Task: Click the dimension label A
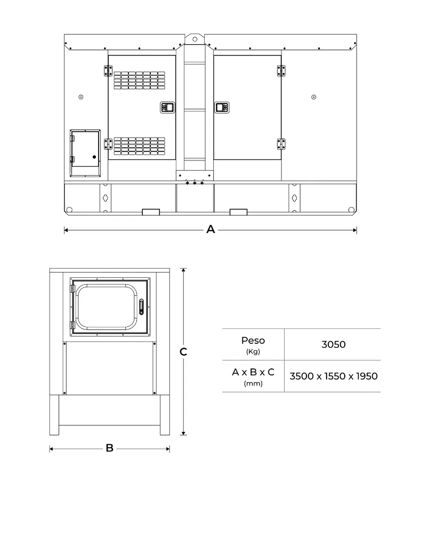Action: pos(210,230)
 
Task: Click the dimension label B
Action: pos(109,448)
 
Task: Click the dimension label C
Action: pos(183,352)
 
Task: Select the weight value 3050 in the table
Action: pos(333,344)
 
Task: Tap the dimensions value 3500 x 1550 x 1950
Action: pos(333,376)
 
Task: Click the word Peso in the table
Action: pos(253,341)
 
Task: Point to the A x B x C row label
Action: pos(253,372)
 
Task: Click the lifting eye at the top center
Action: pos(195,39)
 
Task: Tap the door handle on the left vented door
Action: pos(167,108)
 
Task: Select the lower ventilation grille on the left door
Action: pos(139,146)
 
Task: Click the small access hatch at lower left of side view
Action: pos(85,153)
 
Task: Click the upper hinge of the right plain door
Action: pos(281,71)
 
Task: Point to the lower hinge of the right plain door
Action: pos(281,144)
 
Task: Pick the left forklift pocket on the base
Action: pos(151,212)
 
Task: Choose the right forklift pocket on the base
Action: pos(238,212)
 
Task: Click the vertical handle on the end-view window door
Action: pos(141,308)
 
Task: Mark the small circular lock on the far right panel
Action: pos(313,97)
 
